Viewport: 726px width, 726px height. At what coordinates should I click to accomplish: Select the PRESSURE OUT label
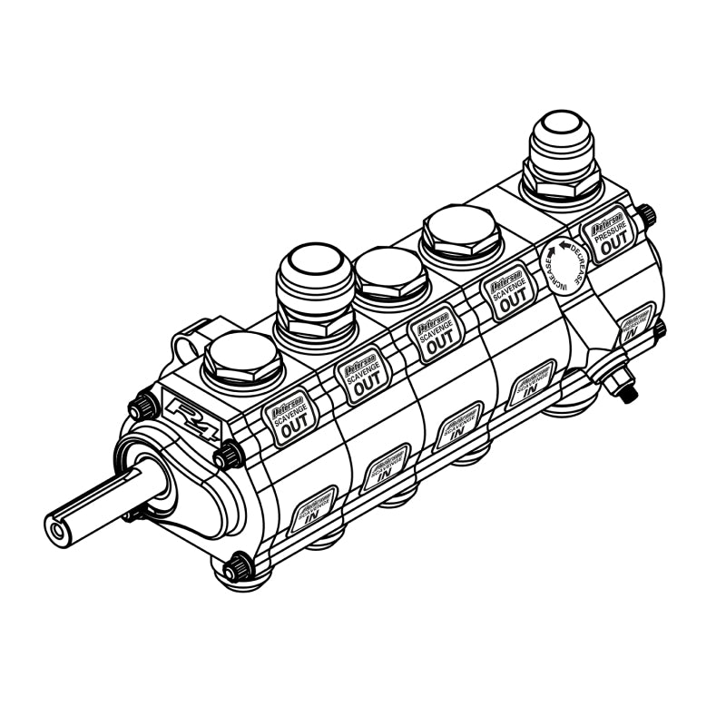pyautogui.click(x=608, y=231)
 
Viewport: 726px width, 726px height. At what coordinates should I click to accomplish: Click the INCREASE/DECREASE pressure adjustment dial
pyautogui.click(x=563, y=265)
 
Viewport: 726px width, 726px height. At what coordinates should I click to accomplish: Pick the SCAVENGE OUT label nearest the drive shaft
pyautogui.click(x=289, y=419)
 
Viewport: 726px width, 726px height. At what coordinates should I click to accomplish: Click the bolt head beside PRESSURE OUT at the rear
pyautogui.click(x=647, y=216)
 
